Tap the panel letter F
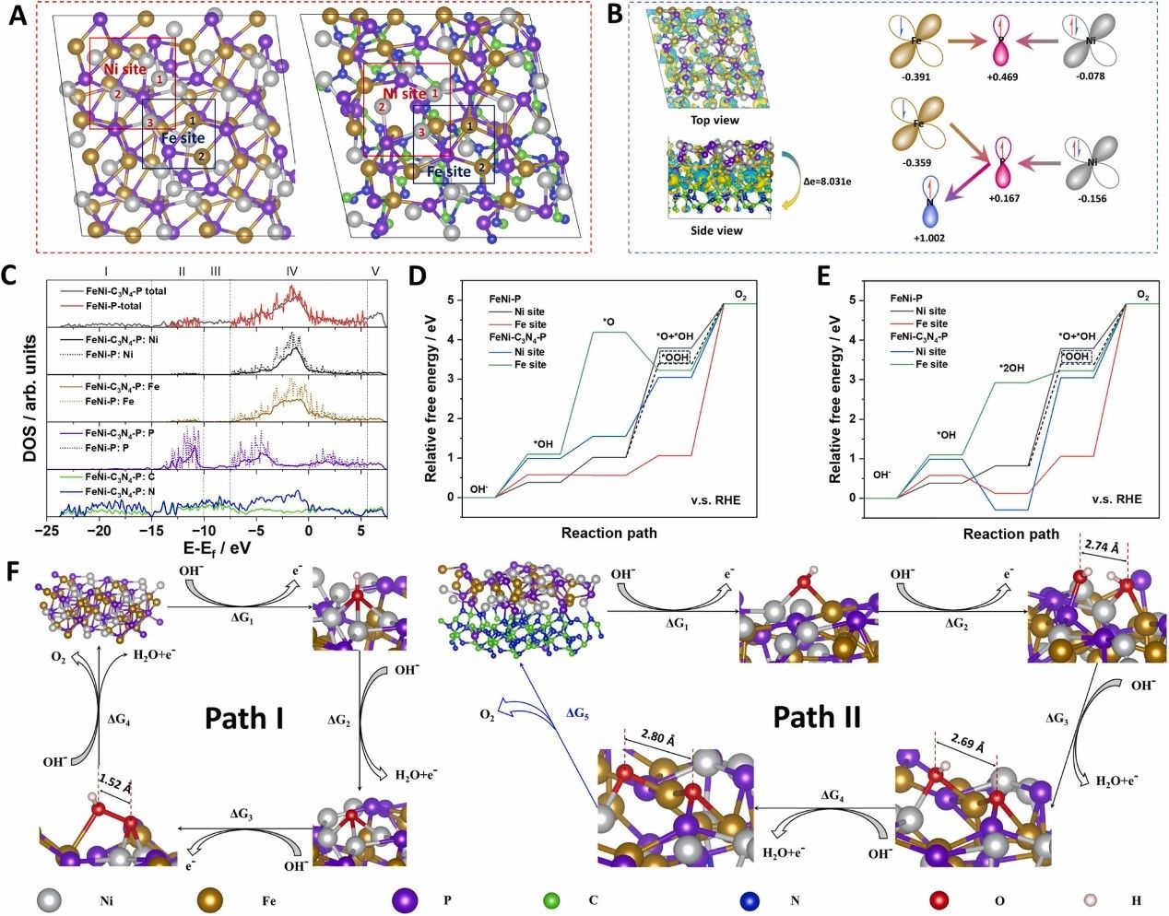pyautogui.click(x=13, y=572)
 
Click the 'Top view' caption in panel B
pyautogui.click(x=714, y=120)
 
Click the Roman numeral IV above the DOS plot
pyautogui.click(x=291, y=271)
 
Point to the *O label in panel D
pyautogui.click(x=608, y=321)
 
